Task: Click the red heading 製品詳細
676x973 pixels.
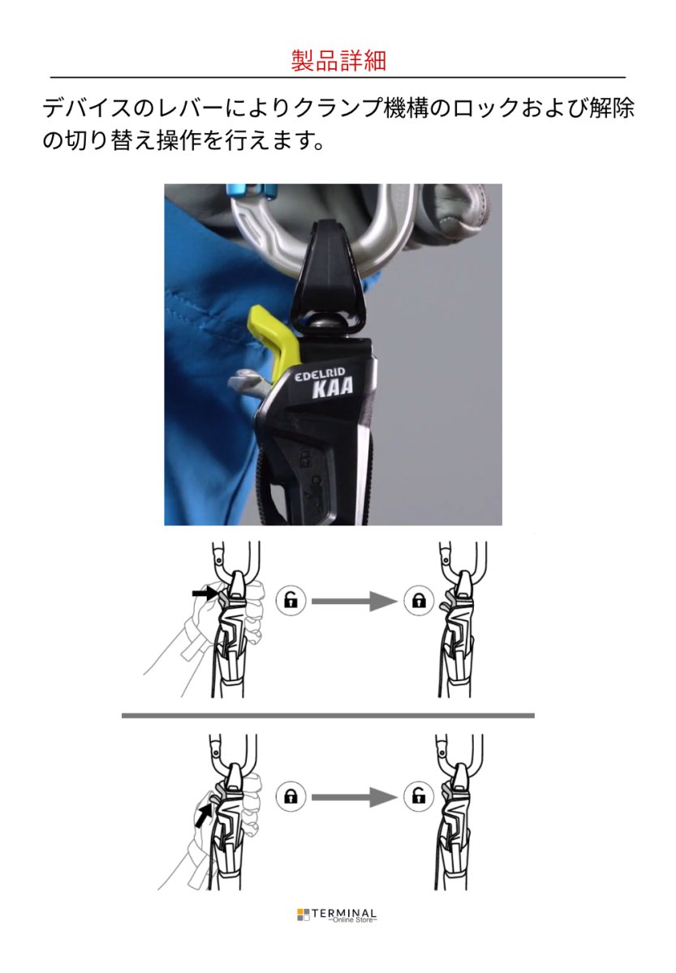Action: tap(338, 61)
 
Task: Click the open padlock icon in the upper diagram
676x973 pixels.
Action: tap(291, 601)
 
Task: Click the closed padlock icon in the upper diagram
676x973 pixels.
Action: tap(419, 601)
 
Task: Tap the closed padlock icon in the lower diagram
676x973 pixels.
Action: tap(291, 797)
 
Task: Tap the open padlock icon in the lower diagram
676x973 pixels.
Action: tap(419, 797)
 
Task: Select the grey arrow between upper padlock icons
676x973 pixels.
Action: tap(354, 601)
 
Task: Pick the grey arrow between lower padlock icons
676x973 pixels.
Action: tap(354, 797)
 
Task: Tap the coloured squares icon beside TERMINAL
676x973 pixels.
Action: tap(303, 915)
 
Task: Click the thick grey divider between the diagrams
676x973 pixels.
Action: tap(328, 715)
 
